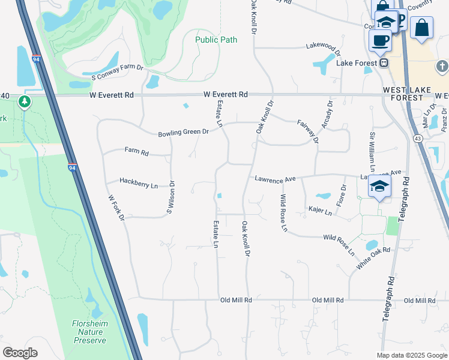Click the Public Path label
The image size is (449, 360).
click(x=216, y=40)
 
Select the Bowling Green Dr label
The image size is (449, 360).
click(x=183, y=132)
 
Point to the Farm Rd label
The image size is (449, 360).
click(x=136, y=152)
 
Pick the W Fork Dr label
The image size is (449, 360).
click(x=116, y=208)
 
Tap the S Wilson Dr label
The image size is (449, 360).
click(x=170, y=197)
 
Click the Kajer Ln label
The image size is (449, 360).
click(x=319, y=211)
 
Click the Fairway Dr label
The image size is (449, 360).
click(x=307, y=131)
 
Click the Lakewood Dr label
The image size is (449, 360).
click(x=323, y=46)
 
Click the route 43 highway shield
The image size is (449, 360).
click(x=417, y=139)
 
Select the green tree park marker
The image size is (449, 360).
click(x=25, y=101)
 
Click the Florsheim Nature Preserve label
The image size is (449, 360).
click(x=90, y=331)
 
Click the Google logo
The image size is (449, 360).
click(x=20, y=353)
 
